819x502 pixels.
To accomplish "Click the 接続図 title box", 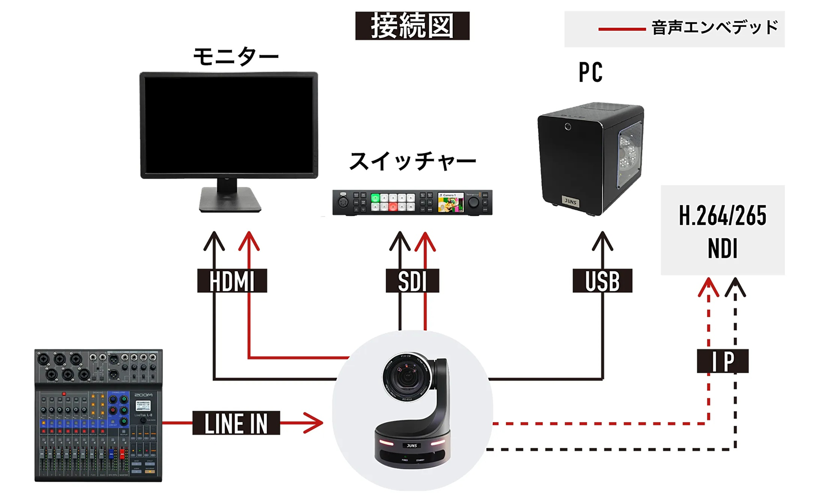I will [x=412, y=26].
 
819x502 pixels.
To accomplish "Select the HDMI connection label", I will [x=232, y=281].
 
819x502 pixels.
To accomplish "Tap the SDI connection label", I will [x=412, y=281].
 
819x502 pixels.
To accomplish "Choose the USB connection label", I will [x=602, y=281].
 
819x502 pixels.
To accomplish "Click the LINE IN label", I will [x=236, y=423].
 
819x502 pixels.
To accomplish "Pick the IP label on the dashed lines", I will [x=722, y=361].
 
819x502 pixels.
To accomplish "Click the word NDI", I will [x=722, y=248].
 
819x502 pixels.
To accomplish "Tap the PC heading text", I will [x=590, y=73].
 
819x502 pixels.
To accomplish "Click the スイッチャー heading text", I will [x=412, y=161].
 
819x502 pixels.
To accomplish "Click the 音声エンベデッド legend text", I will [x=715, y=28].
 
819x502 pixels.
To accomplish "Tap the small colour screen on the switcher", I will [x=450, y=202].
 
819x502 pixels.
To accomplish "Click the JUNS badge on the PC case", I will [x=570, y=201].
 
